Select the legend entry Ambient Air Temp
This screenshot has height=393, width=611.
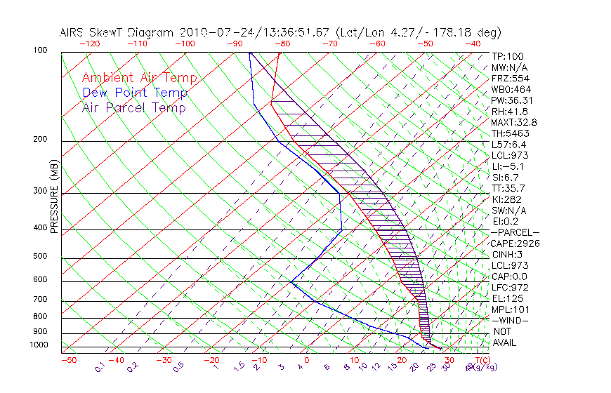(x=139, y=78)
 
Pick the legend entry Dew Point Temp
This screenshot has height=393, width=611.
(x=135, y=93)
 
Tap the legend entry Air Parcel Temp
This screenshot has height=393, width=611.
(x=133, y=107)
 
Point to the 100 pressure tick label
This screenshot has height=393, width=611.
(x=40, y=51)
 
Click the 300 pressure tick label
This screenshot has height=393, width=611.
(x=40, y=191)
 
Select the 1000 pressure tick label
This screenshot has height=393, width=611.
(x=39, y=345)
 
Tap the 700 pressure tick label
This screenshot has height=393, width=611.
(x=40, y=300)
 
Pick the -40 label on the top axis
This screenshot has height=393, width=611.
(x=473, y=44)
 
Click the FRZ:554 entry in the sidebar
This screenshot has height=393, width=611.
(x=509, y=78)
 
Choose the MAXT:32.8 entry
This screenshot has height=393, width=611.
(x=514, y=122)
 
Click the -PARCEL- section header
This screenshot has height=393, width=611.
(x=515, y=232)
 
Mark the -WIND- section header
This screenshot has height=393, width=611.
(x=511, y=320)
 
